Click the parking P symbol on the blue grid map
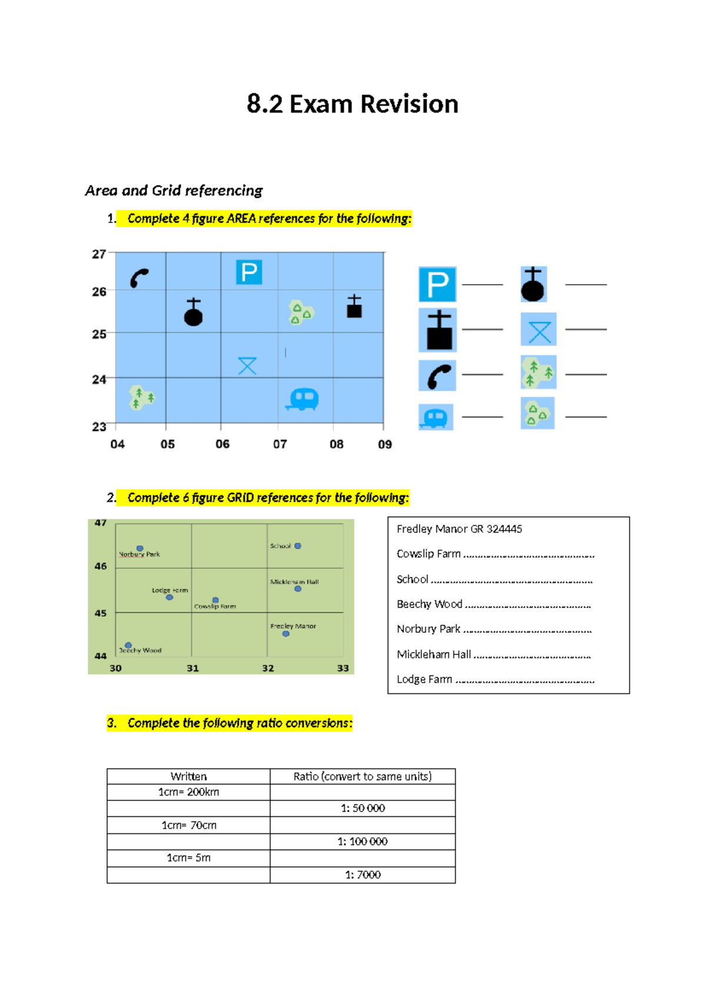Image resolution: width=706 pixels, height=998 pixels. coord(249,272)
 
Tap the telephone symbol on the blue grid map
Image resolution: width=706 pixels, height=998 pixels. coord(139,278)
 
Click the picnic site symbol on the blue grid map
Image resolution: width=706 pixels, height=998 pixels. coord(247,365)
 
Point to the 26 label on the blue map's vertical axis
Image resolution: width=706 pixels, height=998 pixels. coord(99,292)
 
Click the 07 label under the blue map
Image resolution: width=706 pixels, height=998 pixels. coord(280,444)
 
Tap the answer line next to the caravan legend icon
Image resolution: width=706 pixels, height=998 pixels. coord(482,417)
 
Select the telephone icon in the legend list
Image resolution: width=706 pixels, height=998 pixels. coord(437,375)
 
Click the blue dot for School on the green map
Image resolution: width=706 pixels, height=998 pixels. coord(298,546)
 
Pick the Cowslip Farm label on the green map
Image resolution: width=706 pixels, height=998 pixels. coord(215,606)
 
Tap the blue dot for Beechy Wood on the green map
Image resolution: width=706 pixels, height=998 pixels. coord(128,645)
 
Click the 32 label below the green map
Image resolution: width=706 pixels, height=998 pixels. coord(268,668)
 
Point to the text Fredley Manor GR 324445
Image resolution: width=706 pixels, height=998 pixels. coord(459,529)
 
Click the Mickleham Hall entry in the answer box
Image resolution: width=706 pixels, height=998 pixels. coord(434,654)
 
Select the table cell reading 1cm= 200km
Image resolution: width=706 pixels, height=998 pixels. coord(188,792)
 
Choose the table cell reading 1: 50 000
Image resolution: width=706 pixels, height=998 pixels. coord(362,809)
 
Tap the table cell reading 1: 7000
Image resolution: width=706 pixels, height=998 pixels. coord(362,875)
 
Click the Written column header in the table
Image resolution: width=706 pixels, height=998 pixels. coord(188,776)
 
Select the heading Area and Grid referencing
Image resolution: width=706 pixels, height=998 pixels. coord(174,191)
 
